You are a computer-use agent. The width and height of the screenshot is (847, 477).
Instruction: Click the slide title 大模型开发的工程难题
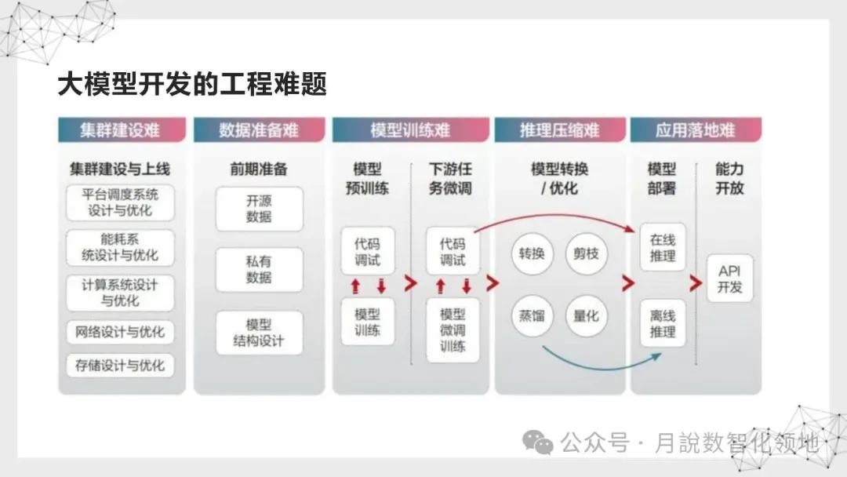click(x=192, y=84)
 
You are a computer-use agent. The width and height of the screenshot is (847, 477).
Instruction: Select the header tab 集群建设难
click(x=122, y=130)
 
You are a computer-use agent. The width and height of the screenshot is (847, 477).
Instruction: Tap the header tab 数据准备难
click(x=259, y=130)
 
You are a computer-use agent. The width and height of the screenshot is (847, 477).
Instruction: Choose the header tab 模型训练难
click(x=410, y=130)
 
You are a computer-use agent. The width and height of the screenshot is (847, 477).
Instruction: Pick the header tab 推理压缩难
click(x=559, y=130)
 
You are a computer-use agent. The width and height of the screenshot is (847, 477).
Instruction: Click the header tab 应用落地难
click(x=696, y=130)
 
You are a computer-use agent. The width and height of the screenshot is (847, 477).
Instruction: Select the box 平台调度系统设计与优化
click(x=121, y=202)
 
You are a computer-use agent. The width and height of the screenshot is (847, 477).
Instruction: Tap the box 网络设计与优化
click(x=121, y=332)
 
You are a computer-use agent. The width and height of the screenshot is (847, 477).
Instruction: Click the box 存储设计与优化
click(x=121, y=366)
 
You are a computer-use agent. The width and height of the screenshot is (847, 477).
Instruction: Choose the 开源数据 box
click(x=259, y=209)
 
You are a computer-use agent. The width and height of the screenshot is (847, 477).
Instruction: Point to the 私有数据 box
click(x=259, y=270)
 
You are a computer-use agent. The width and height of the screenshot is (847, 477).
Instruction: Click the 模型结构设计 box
click(x=259, y=333)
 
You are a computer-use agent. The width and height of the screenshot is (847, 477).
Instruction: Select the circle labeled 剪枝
click(x=586, y=253)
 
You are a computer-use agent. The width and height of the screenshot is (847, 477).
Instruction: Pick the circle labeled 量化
click(x=586, y=315)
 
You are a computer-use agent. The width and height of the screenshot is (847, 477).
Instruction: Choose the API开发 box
click(x=729, y=279)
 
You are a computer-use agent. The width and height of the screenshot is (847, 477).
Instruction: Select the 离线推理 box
click(x=663, y=323)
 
